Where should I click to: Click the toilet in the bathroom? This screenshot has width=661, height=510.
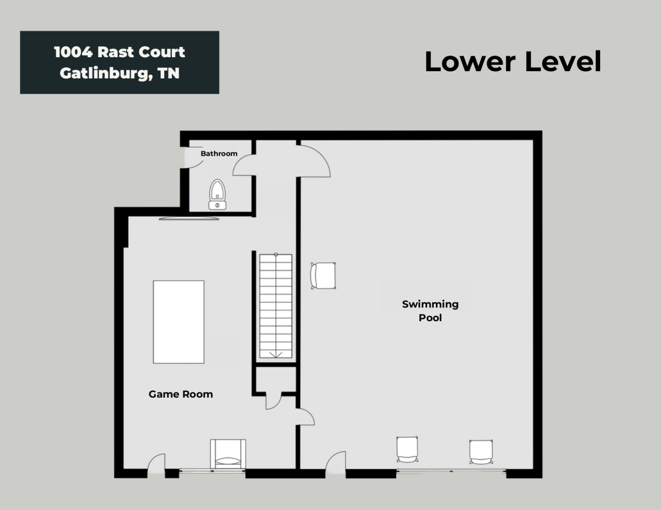(x=217, y=194)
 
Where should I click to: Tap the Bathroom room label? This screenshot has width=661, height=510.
(x=219, y=154)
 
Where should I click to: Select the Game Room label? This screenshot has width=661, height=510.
(x=181, y=394)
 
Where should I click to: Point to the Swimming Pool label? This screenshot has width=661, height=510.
(x=430, y=311)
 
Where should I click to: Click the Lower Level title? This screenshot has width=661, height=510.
(x=513, y=62)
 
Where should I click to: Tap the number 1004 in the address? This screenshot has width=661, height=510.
(x=73, y=52)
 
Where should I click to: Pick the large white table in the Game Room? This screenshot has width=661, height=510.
(x=179, y=322)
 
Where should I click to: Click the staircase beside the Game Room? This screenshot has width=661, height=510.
(x=276, y=306)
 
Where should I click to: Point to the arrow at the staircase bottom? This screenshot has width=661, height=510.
(x=276, y=354)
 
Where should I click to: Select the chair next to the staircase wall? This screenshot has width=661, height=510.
(x=323, y=275)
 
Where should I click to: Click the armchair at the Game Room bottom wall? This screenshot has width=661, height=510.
(x=228, y=454)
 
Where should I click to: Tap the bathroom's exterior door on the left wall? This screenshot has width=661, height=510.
(x=192, y=157)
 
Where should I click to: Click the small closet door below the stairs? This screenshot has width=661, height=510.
(x=274, y=401)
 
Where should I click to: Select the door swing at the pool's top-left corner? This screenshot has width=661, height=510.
(x=313, y=161)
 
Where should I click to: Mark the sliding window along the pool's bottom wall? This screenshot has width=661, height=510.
(x=451, y=471)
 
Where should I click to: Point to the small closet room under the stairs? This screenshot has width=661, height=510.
(x=276, y=379)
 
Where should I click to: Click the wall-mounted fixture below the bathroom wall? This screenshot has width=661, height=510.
(x=189, y=219)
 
